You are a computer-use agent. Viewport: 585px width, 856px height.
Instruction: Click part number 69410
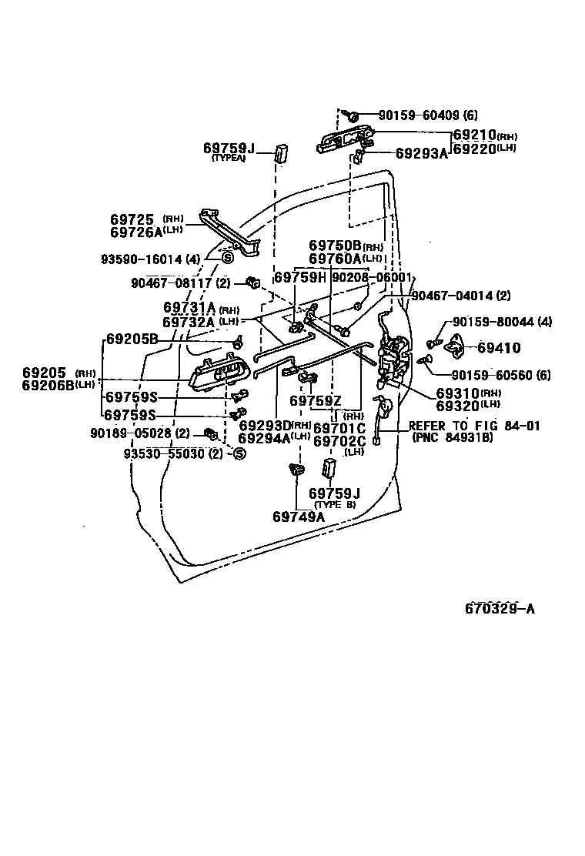tap(499, 348)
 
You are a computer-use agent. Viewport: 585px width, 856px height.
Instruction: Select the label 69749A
tap(298, 517)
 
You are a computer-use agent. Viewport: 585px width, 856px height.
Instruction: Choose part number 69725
tap(132, 219)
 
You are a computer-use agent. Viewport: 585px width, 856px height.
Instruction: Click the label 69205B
tap(132, 339)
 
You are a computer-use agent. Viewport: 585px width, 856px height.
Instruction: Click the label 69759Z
tap(316, 400)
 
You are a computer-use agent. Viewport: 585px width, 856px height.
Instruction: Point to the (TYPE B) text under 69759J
tap(335, 505)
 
